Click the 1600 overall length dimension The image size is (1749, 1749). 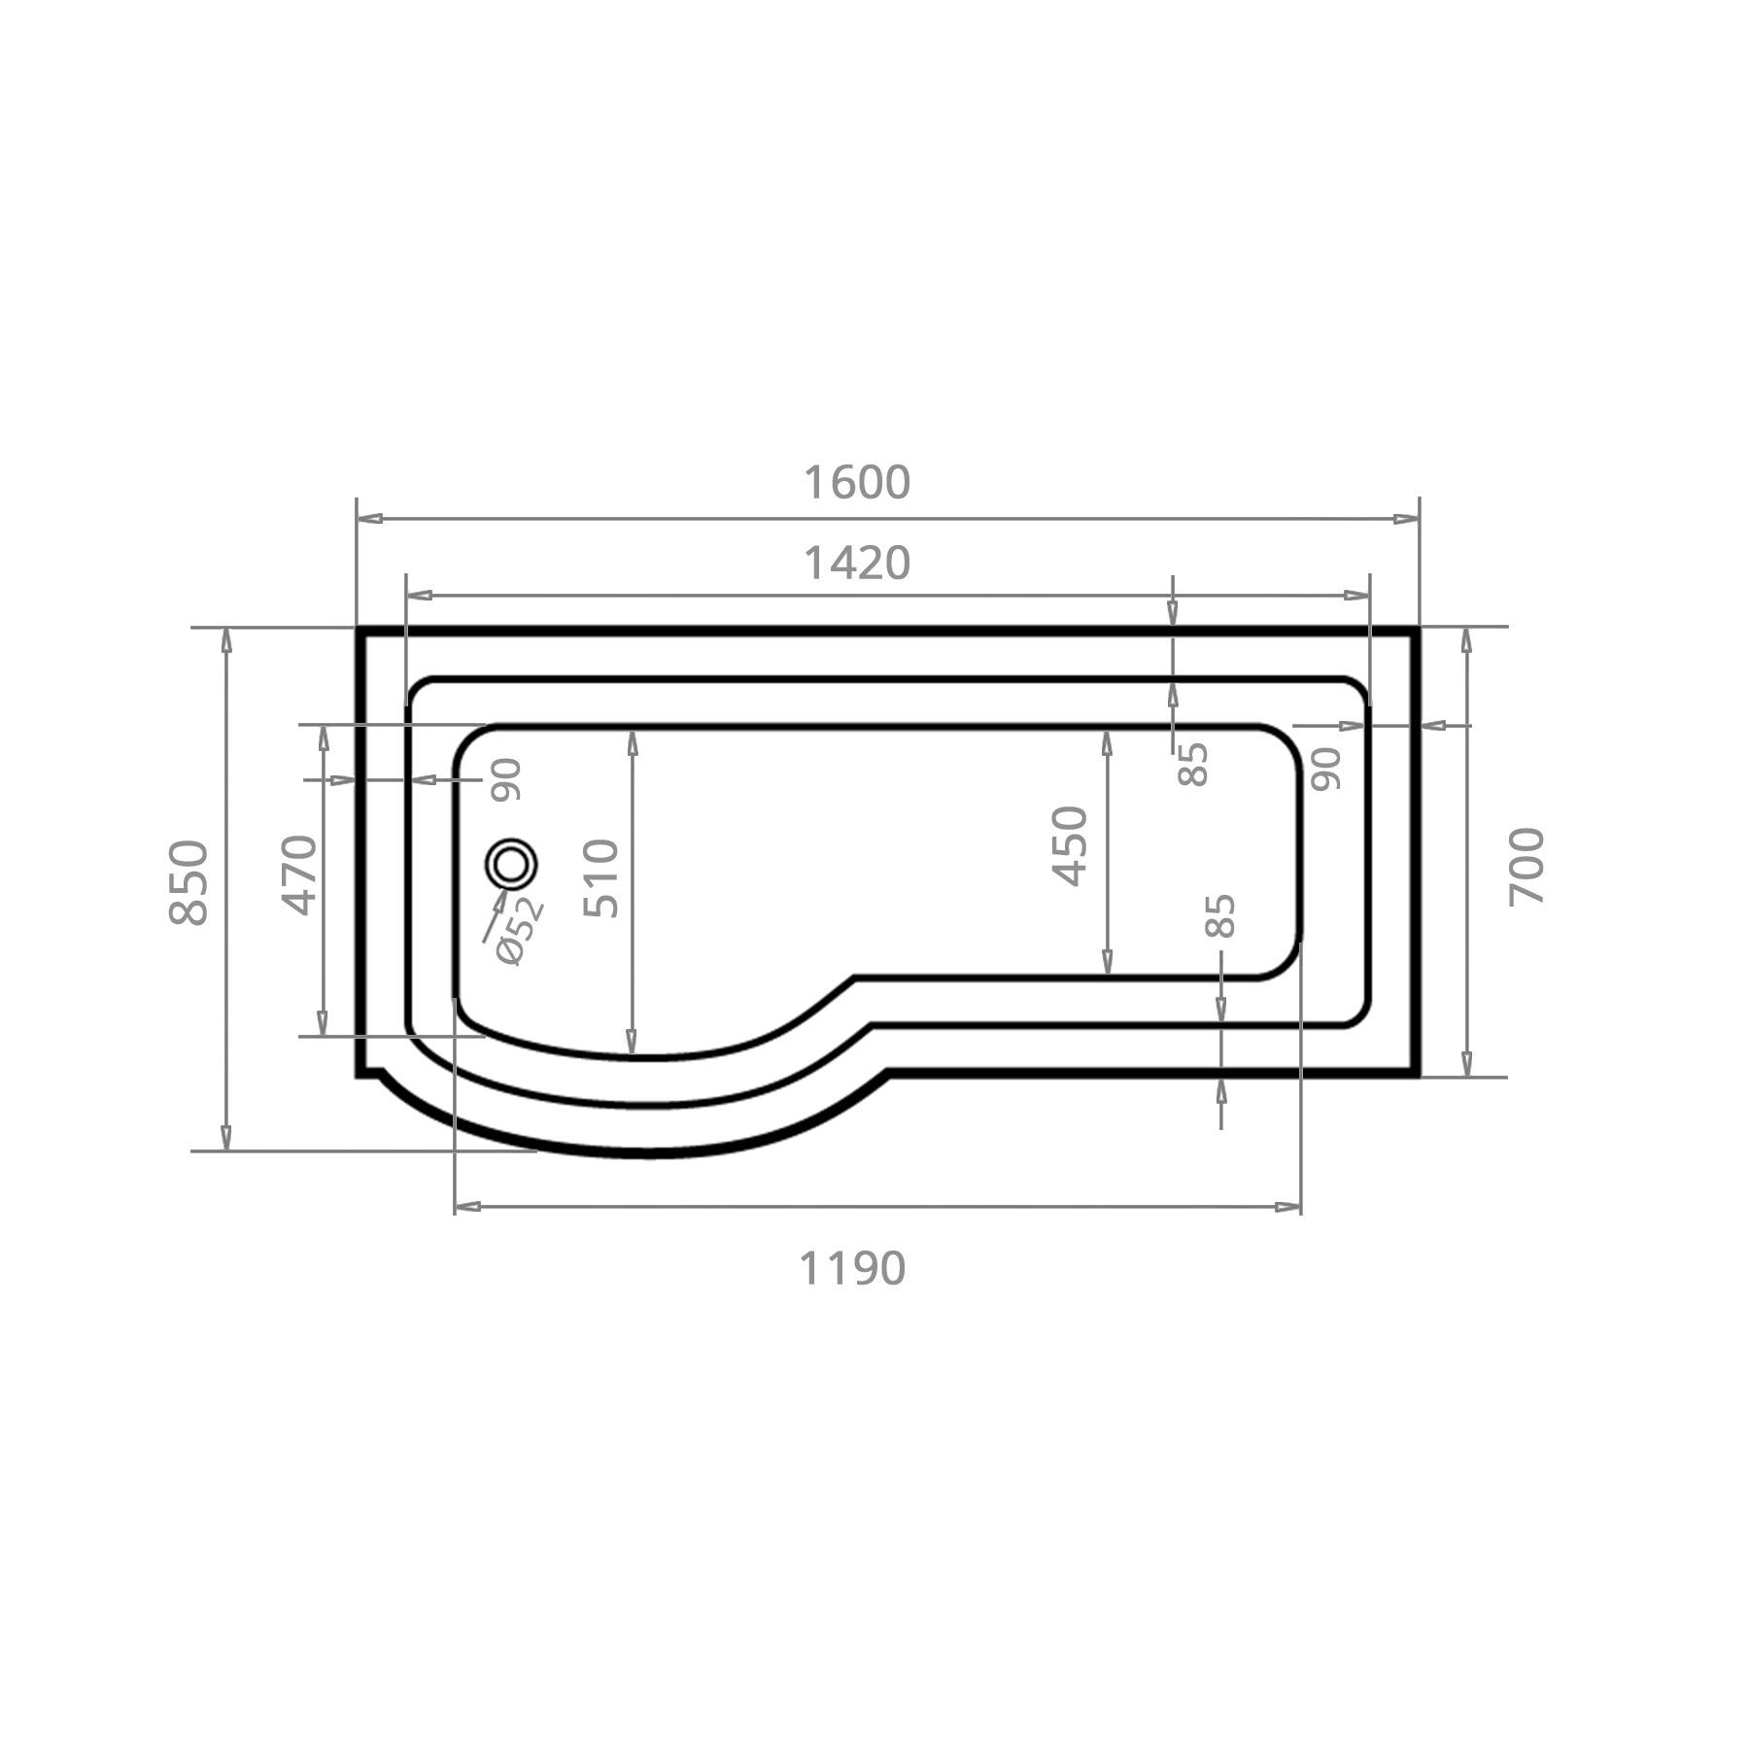(x=857, y=483)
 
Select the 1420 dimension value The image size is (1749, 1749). (x=857, y=564)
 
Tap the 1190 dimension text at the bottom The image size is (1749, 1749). (x=852, y=1269)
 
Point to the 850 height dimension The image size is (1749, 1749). (x=189, y=882)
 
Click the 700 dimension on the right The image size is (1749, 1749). (x=1526, y=866)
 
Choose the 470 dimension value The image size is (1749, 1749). (x=300, y=874)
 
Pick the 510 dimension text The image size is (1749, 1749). (x=601, y=878)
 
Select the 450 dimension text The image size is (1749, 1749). (x=1070, y=845)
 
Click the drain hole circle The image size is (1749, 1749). (x=512, y=863)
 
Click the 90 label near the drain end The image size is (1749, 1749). (x=506, y=779)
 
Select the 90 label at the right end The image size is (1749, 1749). (x=1326, y=768)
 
